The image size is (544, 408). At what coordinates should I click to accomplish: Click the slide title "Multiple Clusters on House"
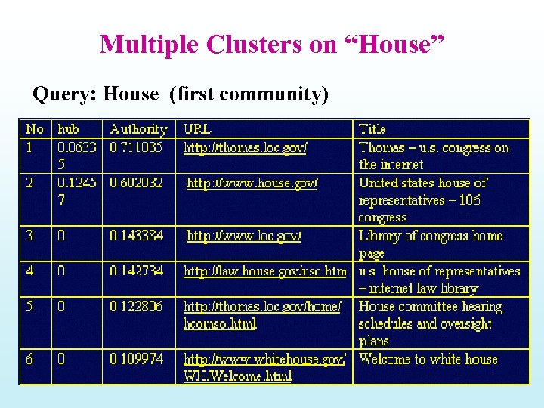coord(272,45)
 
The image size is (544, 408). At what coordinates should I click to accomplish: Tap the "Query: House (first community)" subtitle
coord(181,94)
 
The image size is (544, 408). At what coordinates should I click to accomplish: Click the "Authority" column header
coord(138,129)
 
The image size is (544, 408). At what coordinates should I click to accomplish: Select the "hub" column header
coord(69,129)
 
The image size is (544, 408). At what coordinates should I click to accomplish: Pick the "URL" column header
coord(197,129)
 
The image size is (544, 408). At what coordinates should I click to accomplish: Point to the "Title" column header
coord(372,129)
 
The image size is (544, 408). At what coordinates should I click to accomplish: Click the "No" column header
coord(34,129)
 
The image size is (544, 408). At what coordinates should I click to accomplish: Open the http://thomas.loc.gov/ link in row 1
coord(246,148)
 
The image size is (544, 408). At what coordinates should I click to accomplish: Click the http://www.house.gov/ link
coord(252,183)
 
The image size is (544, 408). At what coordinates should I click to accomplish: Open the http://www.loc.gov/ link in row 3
coord(244,236)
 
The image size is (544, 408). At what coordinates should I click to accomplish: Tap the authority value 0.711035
coord(136,148)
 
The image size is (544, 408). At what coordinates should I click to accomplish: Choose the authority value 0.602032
coord(136,183)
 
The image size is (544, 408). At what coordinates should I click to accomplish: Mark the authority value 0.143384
coord(136,236)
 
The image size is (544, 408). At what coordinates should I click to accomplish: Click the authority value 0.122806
coord(136,307)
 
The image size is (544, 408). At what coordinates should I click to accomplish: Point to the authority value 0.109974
coord(136,359)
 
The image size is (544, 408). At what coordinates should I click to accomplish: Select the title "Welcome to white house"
coord(428,359)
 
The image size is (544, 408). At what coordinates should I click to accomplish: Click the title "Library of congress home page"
coord(431,243)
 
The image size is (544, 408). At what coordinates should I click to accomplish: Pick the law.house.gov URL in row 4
coord(264,270)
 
